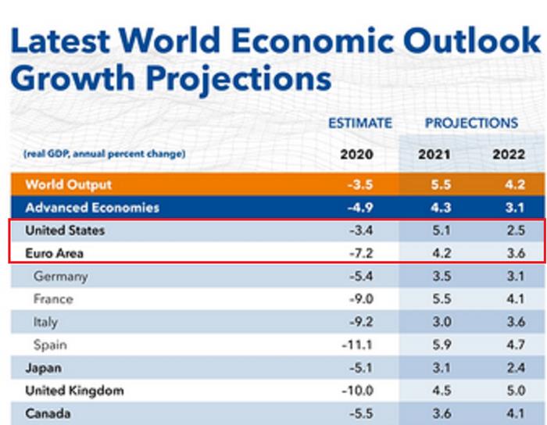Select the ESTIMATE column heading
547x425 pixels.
pos(359,123)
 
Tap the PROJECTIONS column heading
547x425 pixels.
pos(471,123)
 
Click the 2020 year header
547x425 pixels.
pos(356,154)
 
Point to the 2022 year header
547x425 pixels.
pos(509,154)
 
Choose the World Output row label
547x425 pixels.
pos(69,185)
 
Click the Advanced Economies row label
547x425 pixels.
pos(92,208)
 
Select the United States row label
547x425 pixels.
pos(65,230)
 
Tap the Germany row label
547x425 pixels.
pos(61,276)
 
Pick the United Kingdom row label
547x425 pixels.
pos(75,391)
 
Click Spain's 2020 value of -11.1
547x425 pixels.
pos(357,345)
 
